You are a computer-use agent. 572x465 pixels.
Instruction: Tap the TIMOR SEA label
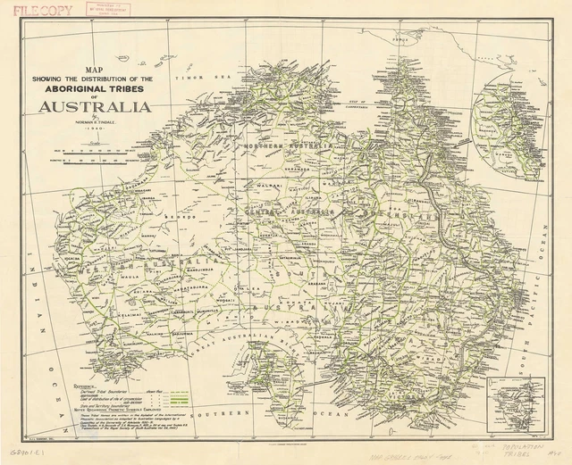pyautogui.click(x=201, y=79)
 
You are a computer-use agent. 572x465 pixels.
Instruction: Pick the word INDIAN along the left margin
pyautogui.click(x=33, y=268)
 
